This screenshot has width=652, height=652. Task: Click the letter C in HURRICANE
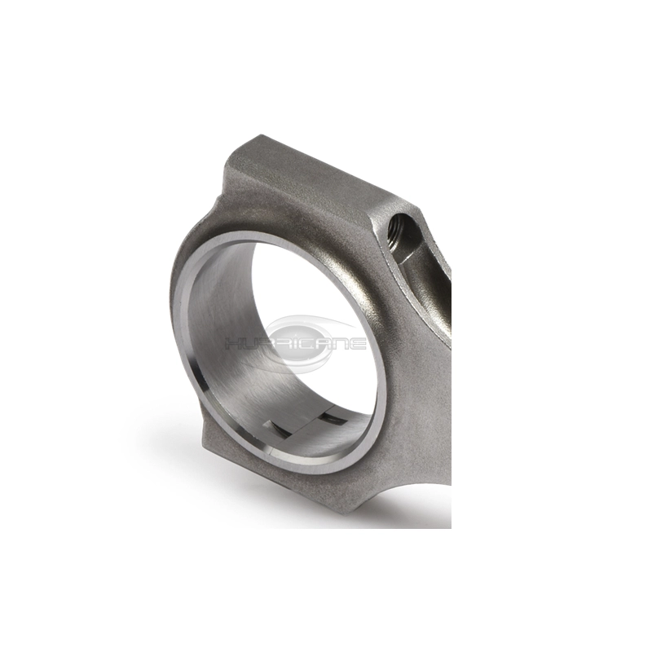coord(303,344)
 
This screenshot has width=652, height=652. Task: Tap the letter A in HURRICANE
coord(319,344)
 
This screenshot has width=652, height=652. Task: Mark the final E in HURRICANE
coord(357,344)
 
